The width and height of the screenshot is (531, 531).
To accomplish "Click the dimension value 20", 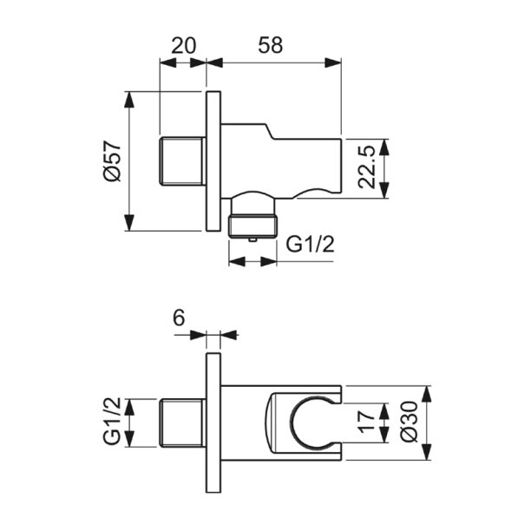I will click(x=182, y=46).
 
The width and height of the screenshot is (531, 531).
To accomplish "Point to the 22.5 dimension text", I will click(x=368, y=167).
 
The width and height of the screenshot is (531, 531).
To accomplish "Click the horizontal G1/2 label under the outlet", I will click(x=311, y=246).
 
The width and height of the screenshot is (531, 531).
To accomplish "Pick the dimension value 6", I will click(x=179, y=318).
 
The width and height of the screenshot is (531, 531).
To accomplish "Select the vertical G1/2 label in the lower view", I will click(x=110, y=423).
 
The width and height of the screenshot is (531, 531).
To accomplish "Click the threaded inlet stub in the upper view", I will click(x=183, y=161).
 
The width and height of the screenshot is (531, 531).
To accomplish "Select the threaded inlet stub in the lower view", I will click(x=183, y=423).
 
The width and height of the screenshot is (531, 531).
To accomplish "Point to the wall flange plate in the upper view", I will click(x=213, y=161).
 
